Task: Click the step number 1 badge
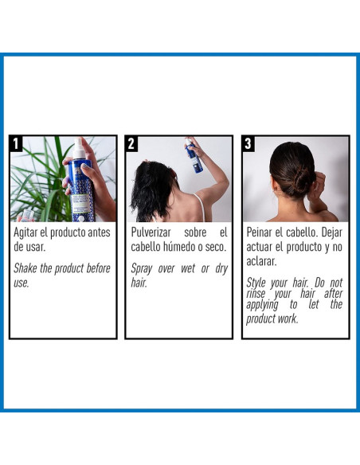pos(16,144)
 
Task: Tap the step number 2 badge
pos(131,144)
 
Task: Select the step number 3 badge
pos(248,144)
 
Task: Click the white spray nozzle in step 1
pos(79,148)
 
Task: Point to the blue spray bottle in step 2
pos(194,156)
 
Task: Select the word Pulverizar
pos(151,232)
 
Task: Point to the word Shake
pos(25,268)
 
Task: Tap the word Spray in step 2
pos(142,269)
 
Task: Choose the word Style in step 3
pos(256,283)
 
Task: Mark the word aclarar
pos(261,261)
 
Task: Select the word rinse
pos(256,294)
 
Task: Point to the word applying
pos(262,305)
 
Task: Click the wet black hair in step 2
pos(151,187)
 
